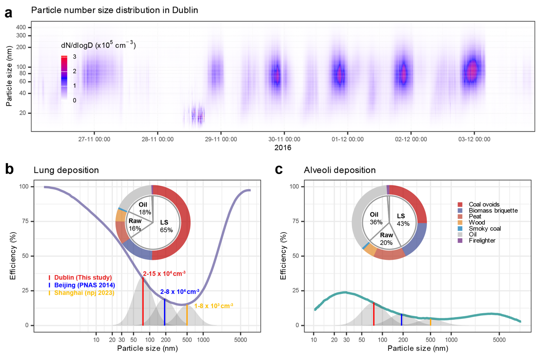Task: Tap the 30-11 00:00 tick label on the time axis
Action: click(x=284, y=139)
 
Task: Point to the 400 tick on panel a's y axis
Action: click(x=21, y=27)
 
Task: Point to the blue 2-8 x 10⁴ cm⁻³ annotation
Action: click(x=180, y=292)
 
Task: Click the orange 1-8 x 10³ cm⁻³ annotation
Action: click(x=213, y=306)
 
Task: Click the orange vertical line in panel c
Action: click(x=430, y=322)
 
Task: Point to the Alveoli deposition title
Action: click(x=340, y=170)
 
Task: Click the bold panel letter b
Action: click(x=9, y=169)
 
